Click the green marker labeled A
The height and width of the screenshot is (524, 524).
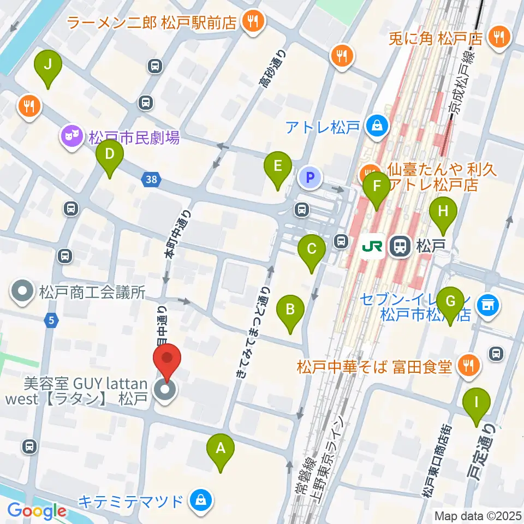[x=221, y=449]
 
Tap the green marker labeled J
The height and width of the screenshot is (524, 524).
[x=48, y=65]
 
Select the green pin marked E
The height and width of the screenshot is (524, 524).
[x=278, y=165]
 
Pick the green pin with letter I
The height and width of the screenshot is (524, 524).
[x=477, y=403]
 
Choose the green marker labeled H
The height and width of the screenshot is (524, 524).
[x=443, y=210]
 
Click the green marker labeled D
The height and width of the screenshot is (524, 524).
[x=110, y=154]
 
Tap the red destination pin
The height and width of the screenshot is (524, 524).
[x=167, y=359]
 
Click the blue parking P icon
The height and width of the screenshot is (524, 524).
[x=309, y=177]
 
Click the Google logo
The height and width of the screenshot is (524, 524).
[x=37, y=511]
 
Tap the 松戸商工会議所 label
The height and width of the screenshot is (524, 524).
[x=92, y=293]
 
